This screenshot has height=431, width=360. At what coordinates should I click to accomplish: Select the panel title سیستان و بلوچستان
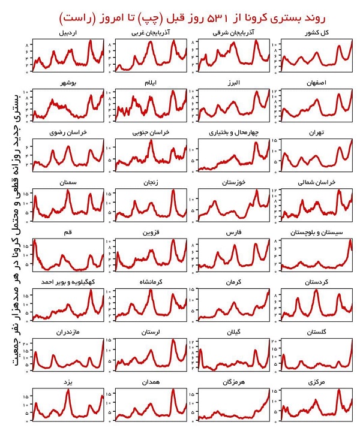click(x=317, y=232)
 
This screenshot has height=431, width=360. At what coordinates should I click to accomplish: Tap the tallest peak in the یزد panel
click(x=68, y=390)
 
